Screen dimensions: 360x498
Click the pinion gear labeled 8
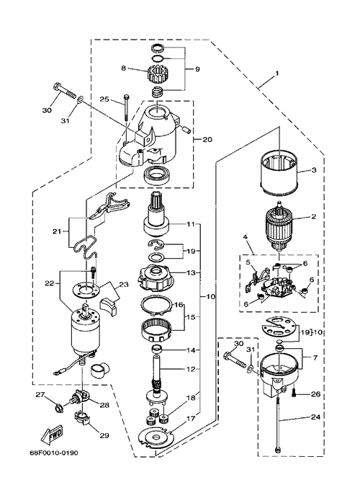(x=156, y=73)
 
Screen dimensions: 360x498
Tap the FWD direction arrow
(x=52, y=434)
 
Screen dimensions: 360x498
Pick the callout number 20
(x=207, y=139)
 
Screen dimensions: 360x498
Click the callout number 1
(x=277, y=74)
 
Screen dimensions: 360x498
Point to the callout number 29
(x=104, y=435)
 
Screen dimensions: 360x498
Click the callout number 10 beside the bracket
(x=211, y=297)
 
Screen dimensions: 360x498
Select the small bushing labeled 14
(x=156, y=350)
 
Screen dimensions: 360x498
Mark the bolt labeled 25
(x=127, y=107)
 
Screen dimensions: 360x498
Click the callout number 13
(x=198, y=272)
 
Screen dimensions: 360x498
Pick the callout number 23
(x=124, y=284)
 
